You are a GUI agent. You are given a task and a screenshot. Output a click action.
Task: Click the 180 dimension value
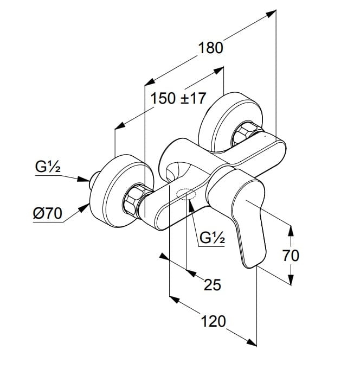(x=210, y=48)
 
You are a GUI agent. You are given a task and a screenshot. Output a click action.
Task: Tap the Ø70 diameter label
(x=46, y=214)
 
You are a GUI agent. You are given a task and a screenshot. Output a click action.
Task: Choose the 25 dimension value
(x=212, y=284)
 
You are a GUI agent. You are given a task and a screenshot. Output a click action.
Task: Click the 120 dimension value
(x=213, y=321)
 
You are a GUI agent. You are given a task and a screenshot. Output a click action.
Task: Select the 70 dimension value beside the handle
(x=291, y=255)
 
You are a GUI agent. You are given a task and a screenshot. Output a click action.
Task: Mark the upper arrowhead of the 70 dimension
(x=291, y=230)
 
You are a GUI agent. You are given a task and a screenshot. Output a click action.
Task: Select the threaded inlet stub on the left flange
(x=94, y=176)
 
